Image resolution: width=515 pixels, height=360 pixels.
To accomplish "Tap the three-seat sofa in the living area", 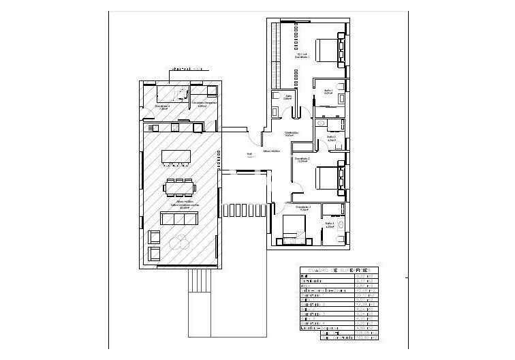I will tap(179, 219).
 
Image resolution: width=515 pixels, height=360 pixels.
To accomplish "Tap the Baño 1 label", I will tap(328, 91).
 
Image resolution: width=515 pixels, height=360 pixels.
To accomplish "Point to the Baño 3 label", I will tap(330, 224).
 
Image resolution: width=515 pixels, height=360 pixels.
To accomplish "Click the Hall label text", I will tap(250, 154).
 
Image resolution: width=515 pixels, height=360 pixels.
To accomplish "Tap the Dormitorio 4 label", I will tap(162, 106).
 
